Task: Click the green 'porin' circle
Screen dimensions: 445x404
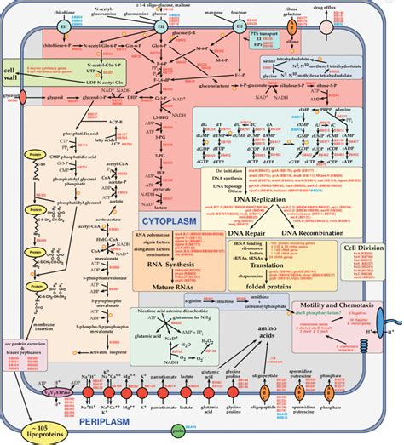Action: (x=177, y=431)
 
